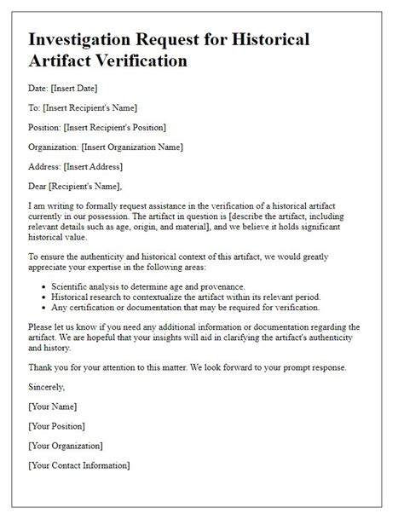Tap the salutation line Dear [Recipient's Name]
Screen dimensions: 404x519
point(75,187)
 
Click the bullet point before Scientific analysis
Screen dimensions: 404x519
point(43,287)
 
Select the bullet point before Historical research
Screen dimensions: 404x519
point(43,297)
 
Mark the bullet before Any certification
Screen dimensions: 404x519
point(43,308)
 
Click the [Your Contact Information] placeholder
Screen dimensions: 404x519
point(80,465)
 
